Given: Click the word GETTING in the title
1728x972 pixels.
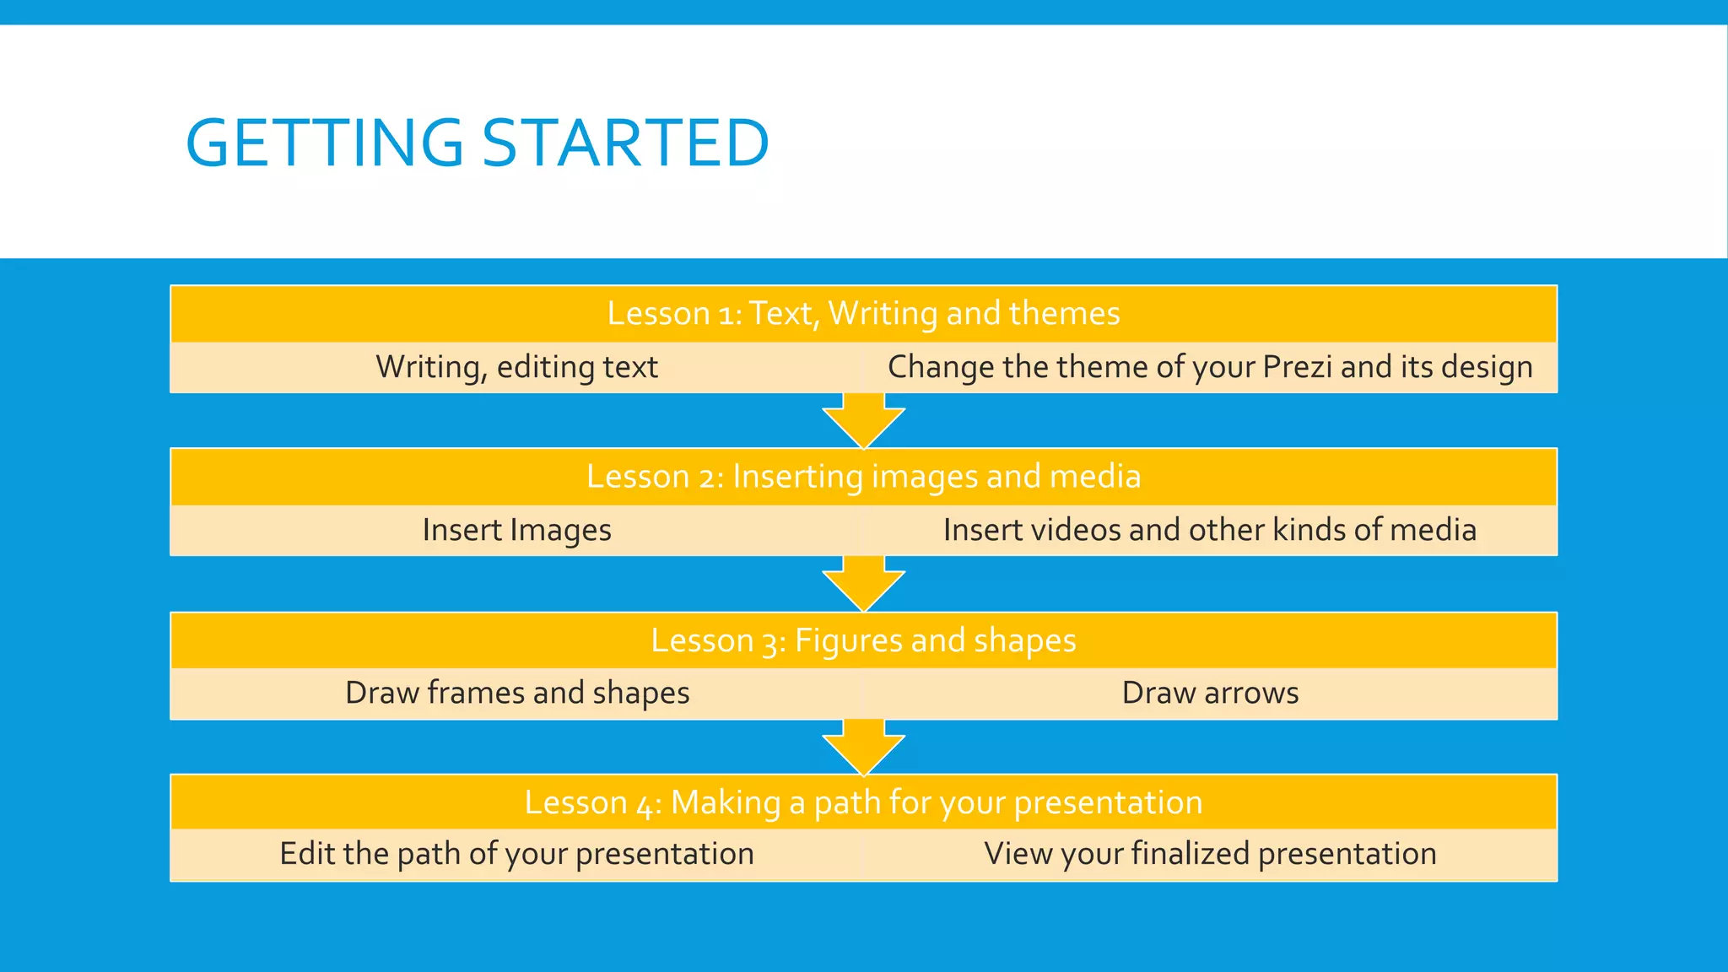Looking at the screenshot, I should coord(324,143).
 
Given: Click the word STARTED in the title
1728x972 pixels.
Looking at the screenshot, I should coord(624,143).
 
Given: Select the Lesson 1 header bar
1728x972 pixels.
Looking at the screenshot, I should coord(863,314).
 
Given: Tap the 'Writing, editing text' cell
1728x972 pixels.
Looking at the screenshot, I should coord(516,367).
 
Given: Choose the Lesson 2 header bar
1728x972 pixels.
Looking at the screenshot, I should coord(863,477).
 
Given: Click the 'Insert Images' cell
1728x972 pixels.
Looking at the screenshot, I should coord(516,530).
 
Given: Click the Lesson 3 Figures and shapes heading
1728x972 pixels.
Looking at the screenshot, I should coord(863,640).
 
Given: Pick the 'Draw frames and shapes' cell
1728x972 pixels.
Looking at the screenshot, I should coord(516,693).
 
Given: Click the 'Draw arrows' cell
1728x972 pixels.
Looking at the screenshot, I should coord(1210,693).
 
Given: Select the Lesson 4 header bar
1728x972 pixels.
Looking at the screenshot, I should coord(863,802).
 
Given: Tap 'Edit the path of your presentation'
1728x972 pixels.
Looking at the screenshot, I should coord(516,854).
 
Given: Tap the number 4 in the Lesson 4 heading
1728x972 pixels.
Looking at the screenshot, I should coord(645,804).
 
